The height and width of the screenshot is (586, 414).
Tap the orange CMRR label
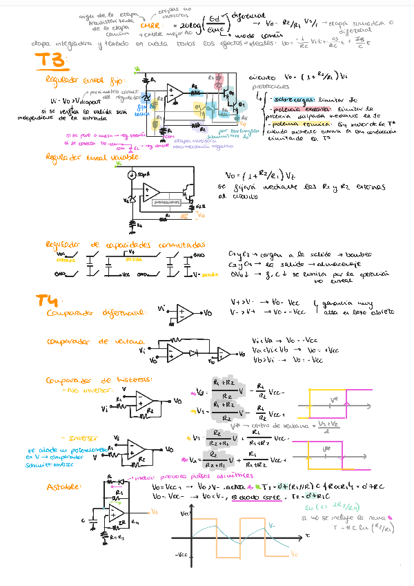[150, 26]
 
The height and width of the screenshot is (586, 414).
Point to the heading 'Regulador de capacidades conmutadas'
[126, 245]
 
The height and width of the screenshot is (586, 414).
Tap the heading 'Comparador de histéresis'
[99, 380]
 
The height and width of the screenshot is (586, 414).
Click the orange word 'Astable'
[63, 486]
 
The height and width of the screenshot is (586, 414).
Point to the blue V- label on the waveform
[273, 526]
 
